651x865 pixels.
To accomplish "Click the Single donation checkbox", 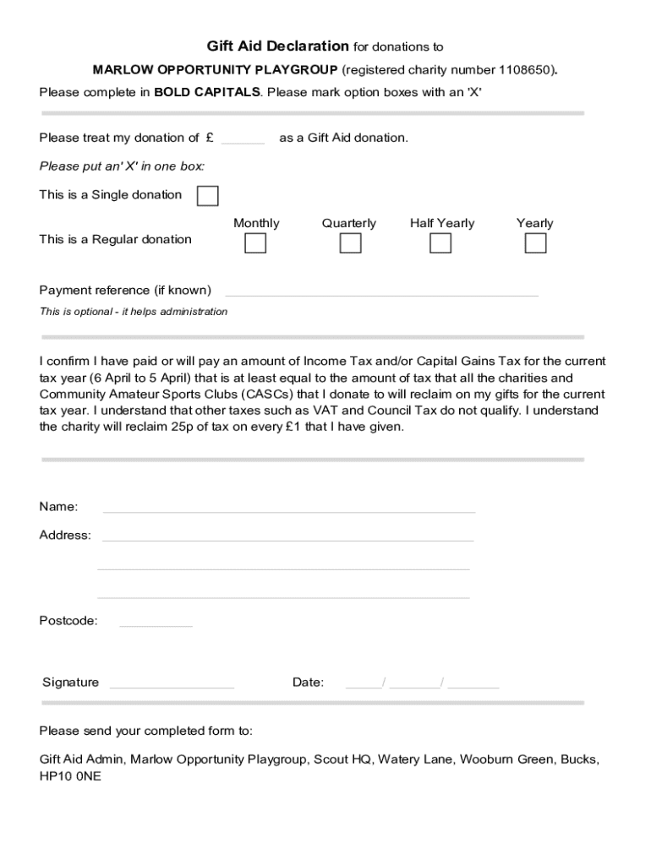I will click(x=207, y=196).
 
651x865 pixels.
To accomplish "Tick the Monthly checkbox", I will click(x=255, y=243).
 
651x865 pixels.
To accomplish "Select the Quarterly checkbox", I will click(x=350, y=243).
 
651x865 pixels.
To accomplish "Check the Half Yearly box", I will click(x=440, y=243).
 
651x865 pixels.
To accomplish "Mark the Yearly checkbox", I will click(x=535, y=243).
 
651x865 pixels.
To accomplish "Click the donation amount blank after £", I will click(x=243, y=139).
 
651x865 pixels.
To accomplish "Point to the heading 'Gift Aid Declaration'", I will click(x=278, y=46).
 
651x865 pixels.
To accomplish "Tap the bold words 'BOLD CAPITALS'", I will click(x=207, y=92).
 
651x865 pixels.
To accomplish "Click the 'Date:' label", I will click(x=308, y=683).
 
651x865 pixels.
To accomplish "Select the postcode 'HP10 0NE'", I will click(x=70, y=775).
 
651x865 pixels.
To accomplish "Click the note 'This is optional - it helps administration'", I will click(x=134, y=312).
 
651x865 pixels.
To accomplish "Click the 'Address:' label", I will click(x=65, y=535).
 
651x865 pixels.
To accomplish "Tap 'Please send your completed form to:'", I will click(x=145, y=731).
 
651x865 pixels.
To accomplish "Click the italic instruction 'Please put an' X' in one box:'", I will click(x=122, y=166).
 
